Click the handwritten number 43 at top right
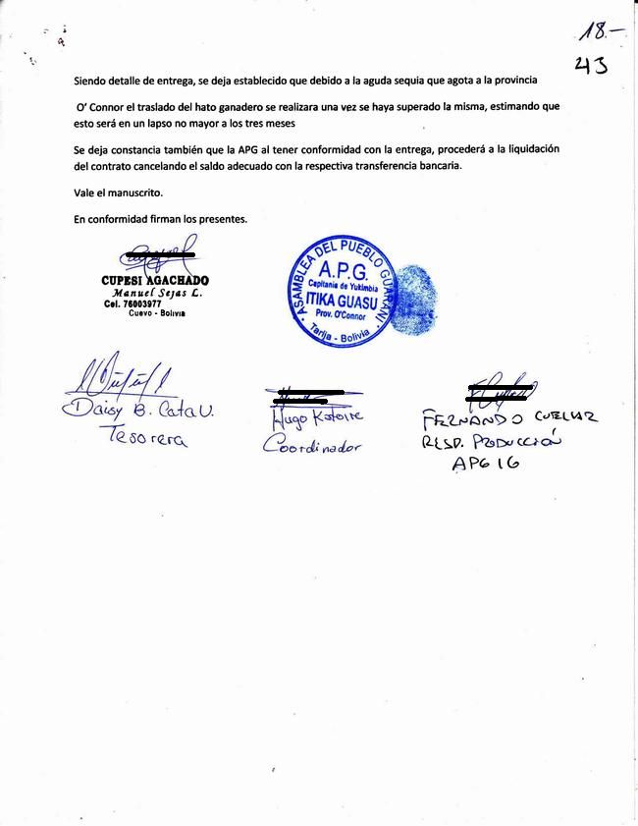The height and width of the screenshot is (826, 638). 590,66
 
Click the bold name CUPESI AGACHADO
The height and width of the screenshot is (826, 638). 155,280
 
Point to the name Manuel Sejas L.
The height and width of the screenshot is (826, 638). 157,293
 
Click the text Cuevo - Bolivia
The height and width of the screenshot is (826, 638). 156,313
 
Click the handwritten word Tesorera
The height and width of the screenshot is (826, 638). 147,440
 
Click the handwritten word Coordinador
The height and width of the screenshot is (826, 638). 313,445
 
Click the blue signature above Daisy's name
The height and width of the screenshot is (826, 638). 118,377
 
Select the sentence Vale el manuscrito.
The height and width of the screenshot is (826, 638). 118,193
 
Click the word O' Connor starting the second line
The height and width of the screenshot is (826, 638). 101,105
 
